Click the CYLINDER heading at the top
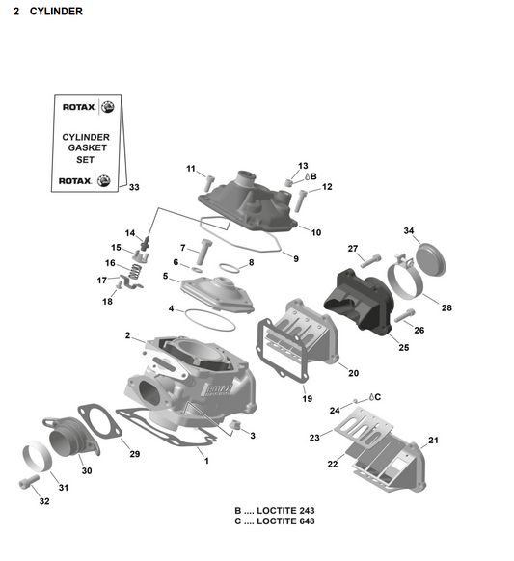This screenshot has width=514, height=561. click(47, 12)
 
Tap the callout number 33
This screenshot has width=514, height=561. click(133, 187)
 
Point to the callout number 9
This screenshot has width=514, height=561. click(295, 258)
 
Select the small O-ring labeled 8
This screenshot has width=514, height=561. click(230, 267)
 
